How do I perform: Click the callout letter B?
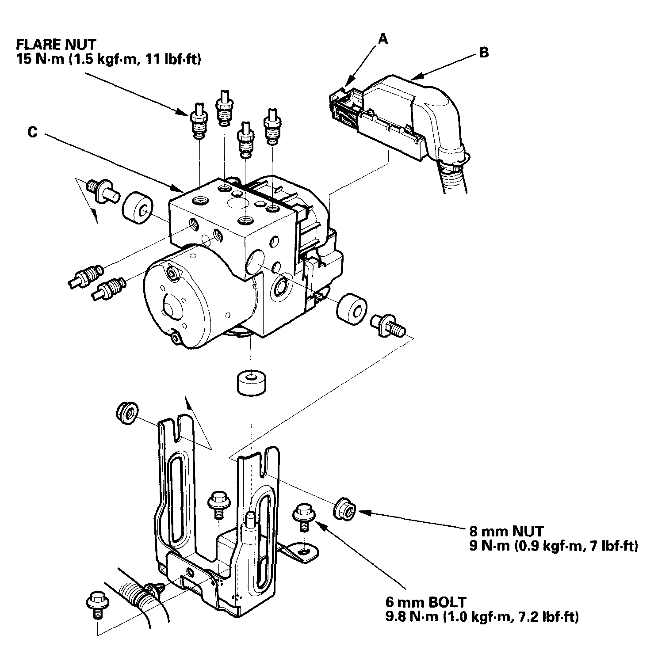[484, 53]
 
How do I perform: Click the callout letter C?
[32, 132]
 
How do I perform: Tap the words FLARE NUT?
[56, 44]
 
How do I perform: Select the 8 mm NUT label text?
[506, 531]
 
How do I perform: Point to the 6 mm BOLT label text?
[425, 602]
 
